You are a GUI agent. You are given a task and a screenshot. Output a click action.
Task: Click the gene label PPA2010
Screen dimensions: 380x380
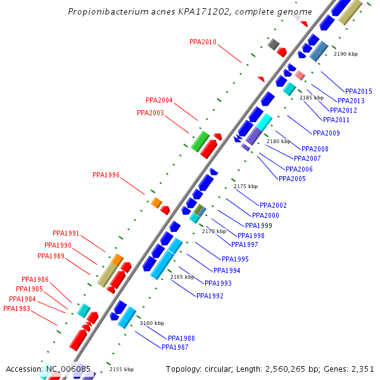tap(203, 42)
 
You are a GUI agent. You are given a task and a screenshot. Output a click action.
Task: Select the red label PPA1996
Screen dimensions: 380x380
tap(106, 175)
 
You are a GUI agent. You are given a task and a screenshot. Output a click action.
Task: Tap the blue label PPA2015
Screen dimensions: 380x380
tap(358, 92)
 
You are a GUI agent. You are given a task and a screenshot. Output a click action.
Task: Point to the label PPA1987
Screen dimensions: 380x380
tap(175, 347)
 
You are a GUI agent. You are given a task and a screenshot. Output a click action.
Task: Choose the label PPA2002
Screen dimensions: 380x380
tap(273, 206)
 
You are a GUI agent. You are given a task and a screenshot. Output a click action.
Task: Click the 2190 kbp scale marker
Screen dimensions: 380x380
tap(345, 54)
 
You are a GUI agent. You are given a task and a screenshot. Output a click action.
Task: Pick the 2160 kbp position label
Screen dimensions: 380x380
tap(151, 323)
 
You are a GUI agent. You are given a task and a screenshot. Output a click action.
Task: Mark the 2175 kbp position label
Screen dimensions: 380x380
tap(246, 186)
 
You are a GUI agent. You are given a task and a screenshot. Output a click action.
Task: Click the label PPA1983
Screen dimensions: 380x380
tap(16, 309)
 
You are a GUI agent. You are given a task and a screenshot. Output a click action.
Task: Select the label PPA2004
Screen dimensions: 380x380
tap(159, 100)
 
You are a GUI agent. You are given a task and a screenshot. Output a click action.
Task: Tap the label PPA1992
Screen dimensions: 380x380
tap(210, 296)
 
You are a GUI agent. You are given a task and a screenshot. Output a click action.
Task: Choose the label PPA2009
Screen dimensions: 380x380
tap(326, 134)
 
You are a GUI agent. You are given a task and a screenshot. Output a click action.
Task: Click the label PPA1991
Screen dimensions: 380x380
tap(66, 234)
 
